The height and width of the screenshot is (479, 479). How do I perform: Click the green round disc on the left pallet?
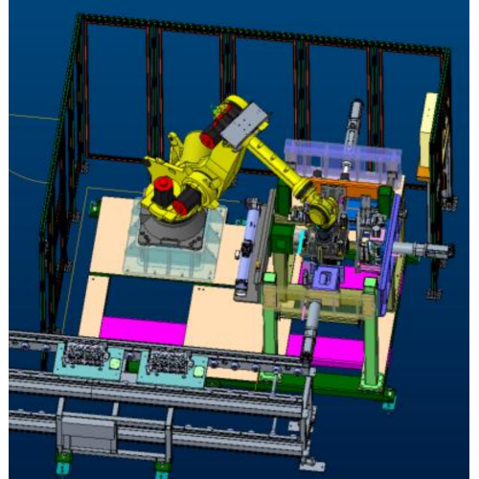115,364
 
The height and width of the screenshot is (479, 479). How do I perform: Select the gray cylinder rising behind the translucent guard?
354,120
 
